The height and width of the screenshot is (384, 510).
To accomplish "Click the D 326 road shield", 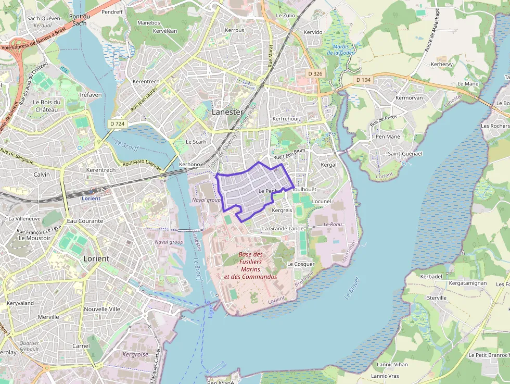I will [315, 73].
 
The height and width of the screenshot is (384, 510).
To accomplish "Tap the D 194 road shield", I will [363, 80].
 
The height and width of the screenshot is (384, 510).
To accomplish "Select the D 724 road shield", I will [118, 123].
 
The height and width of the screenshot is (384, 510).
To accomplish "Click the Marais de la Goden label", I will [341, 49].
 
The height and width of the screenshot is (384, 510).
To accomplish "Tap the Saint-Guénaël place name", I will [405, 154].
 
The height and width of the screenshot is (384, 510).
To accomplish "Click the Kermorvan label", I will [409, 97].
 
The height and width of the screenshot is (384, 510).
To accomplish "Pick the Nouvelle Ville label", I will [102, 308].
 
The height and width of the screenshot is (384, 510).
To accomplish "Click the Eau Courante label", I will [85, 221].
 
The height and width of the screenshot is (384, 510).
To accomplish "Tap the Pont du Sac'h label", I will [79, 20].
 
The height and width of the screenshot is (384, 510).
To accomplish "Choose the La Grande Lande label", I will [283, 228].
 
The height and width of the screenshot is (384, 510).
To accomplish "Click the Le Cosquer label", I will [301, 264].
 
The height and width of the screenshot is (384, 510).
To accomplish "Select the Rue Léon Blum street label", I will [289, 151].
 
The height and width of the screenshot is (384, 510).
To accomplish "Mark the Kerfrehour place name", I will [286, 119].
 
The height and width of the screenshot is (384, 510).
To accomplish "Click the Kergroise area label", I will [135, 354].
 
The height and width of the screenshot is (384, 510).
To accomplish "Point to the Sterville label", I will [437, 298].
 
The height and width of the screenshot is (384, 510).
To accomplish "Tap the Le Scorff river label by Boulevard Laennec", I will [126, 146].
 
